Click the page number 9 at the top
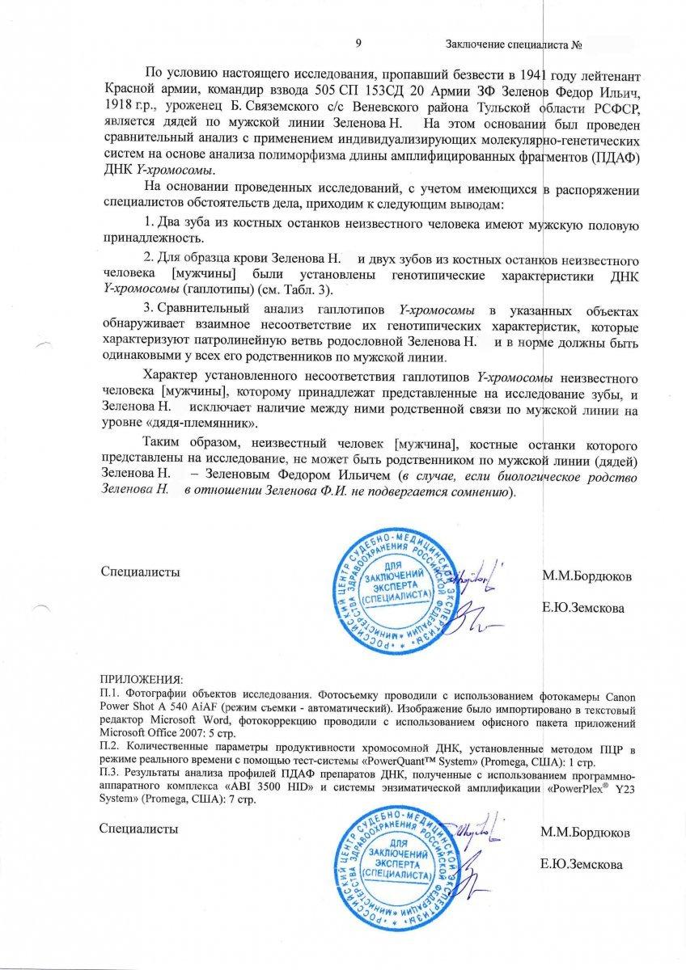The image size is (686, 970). coord(358,42)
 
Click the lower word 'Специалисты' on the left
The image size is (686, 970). coord(139,829)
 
